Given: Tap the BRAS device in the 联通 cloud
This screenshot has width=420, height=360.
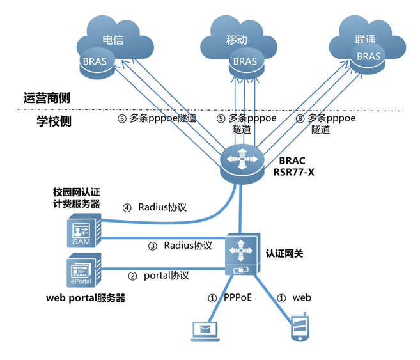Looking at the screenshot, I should tap(369, 57).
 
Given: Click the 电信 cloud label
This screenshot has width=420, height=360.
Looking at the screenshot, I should tap(113, 40).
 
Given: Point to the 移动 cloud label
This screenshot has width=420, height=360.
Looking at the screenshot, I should tap(237, 40).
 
